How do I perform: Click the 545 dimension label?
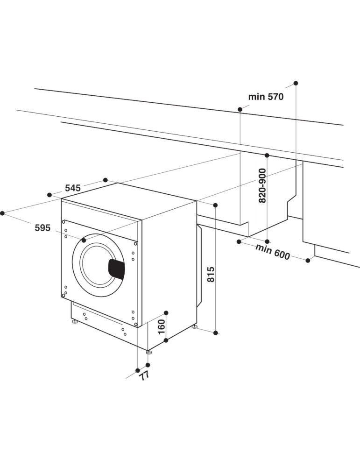73,188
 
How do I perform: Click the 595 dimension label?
42,228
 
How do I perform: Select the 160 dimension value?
162,327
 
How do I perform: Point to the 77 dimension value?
144,375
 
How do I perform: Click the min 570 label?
266,97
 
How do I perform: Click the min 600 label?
273,251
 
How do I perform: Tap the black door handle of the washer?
117,269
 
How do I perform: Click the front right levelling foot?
148,351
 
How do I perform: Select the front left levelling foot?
74,322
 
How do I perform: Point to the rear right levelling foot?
194,326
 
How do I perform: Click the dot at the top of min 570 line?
296,83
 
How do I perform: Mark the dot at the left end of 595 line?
2,213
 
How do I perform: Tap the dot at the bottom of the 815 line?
216,333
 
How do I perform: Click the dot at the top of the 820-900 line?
267,155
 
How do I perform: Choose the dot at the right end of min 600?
308,261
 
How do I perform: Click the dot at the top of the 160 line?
166,312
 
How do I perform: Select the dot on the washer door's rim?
84,240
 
